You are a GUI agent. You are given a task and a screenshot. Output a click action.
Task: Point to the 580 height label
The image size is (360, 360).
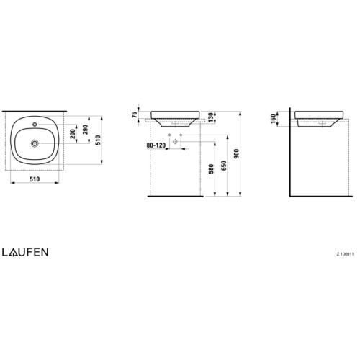pos(212,170)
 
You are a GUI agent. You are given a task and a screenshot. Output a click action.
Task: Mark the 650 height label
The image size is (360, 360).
pos(225,166)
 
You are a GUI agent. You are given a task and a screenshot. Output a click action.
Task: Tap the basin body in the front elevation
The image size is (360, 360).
pos(174,116)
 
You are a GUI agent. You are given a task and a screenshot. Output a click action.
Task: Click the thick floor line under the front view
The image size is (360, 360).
pos(174,195)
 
